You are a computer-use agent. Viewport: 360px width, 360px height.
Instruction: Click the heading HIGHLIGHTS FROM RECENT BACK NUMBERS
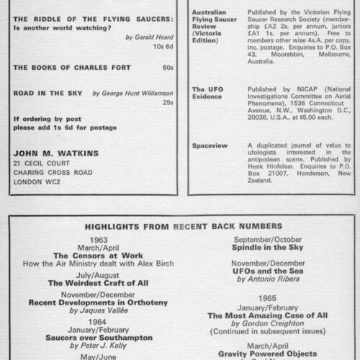(179, 225)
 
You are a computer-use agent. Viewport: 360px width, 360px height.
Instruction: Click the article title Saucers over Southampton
(94, 336)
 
